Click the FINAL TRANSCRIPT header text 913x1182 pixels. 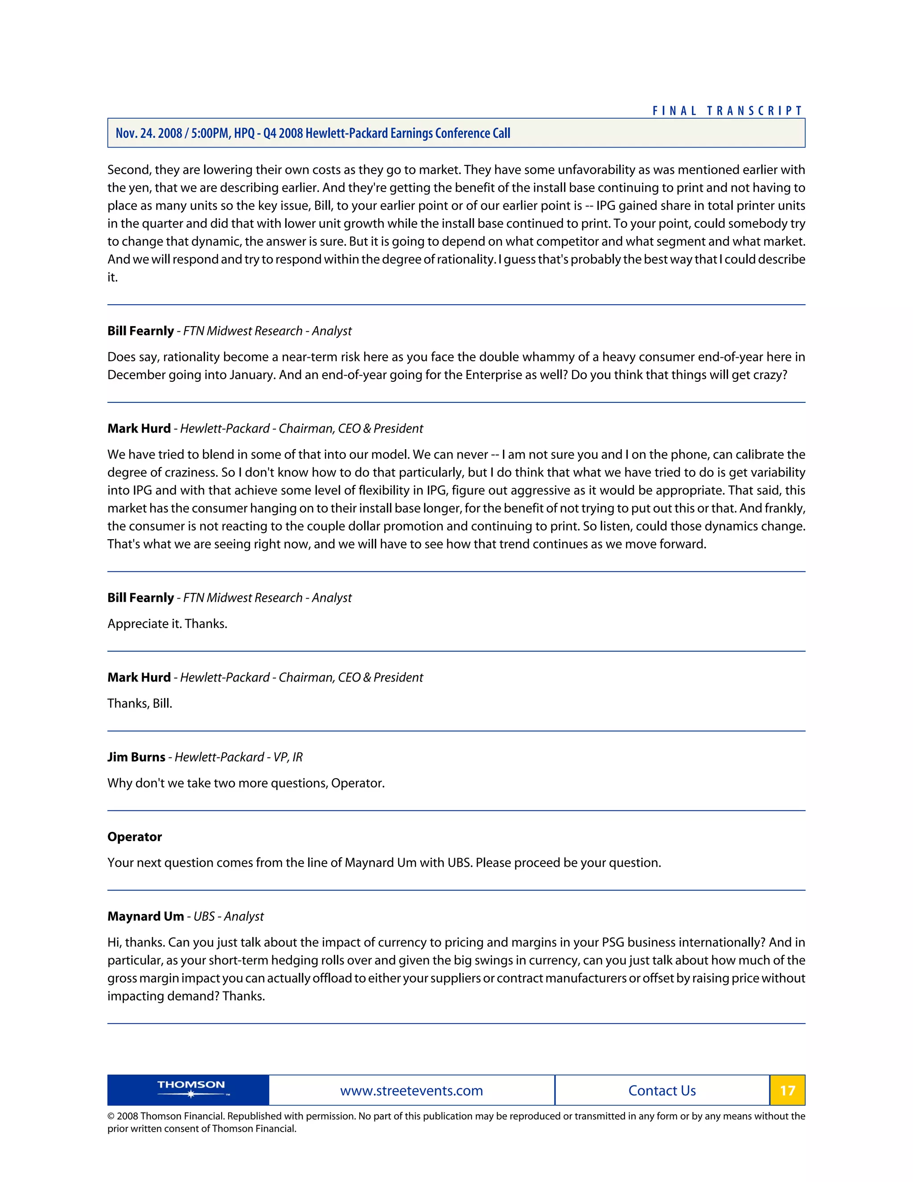coord(728,111)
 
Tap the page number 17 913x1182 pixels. coord(787,1090)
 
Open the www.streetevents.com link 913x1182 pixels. coord(411,1091)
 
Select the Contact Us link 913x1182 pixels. coord(662,1091)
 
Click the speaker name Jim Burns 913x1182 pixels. coord(136,756)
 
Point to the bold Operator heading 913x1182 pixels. coord(135,837)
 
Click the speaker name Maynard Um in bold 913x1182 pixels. coord(145,916)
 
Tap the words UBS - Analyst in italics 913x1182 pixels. coord(228,916)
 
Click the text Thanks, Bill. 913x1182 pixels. coord(140,703)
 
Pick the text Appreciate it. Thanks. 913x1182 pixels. coord(167,624)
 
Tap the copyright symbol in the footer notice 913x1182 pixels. coord(111,1116)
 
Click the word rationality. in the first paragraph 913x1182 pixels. coord(466,259)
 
